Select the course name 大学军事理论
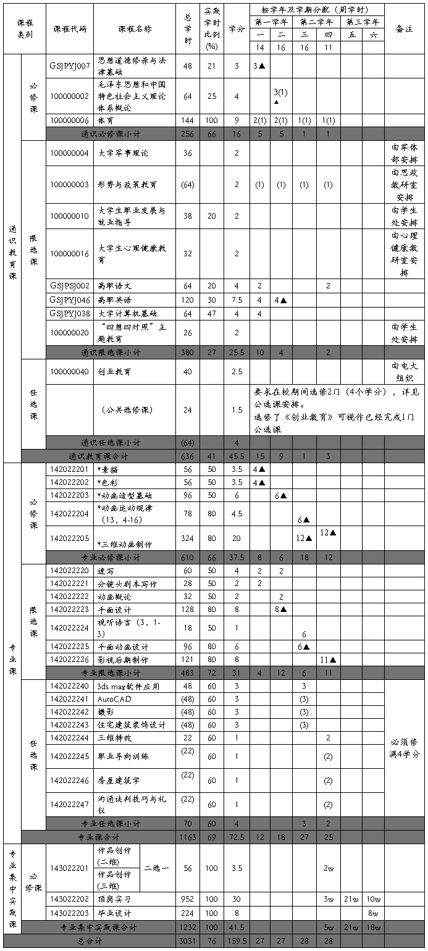click(124, 153)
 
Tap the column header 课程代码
click(69, 29)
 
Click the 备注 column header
click(405, 29)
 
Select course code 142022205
click(69, 537)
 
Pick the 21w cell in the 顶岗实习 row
click(351, 899)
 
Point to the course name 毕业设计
click(114, 913)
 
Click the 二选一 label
click(157, 868)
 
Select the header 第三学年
click(361, 22)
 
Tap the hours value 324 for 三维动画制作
click(188, 537)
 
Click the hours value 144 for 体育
click(188, 120)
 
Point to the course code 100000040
click(69, 372)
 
